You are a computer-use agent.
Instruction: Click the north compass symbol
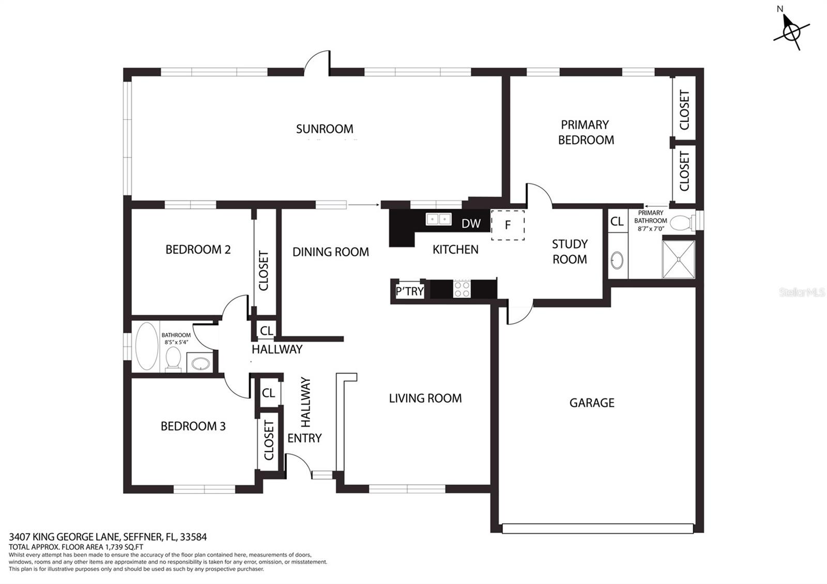tap(791, 33)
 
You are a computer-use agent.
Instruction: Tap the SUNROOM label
tap(325, 129)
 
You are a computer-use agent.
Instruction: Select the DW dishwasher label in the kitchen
tap(471, 223)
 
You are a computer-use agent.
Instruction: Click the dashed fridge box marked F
tap(508, 225)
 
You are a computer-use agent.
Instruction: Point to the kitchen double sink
tap(439, 219)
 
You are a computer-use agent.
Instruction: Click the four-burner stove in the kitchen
tap(462, 289)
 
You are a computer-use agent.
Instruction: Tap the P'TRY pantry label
tap(409, 291)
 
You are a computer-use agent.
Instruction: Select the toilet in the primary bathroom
tap(683, 223)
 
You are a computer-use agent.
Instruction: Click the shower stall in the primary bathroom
tap(679, 259)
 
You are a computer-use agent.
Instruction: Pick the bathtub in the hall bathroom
tap(147, 346)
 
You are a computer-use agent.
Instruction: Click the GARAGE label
tap(592, 403)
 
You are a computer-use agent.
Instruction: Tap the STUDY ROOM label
tap(570, 251)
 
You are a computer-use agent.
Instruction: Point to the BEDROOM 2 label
tap(198, 250)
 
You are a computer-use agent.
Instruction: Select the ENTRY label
tap(304, 438)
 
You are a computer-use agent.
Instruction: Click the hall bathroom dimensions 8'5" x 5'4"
tap(176, 342)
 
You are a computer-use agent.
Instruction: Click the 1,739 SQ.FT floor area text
tap(125, 547)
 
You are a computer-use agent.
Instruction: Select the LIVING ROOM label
tap(425, 398)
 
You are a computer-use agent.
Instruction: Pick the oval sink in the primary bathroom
tap(617, 260)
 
